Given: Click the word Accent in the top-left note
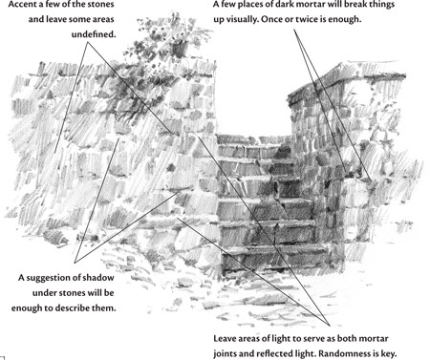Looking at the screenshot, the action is click(x=23, y=5).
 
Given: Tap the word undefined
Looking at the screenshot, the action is click(x=94, y=34).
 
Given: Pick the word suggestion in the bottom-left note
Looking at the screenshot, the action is click(x=54, y=278).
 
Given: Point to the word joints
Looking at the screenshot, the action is click(x=226, y=354).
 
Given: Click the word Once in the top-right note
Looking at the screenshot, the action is click(x=271, y=19).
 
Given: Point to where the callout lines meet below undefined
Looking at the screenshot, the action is click(x=88, y=43).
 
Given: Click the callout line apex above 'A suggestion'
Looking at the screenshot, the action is click(x=75, y=263).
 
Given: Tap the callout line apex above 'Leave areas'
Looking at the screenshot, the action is click(x=330, y=326).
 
